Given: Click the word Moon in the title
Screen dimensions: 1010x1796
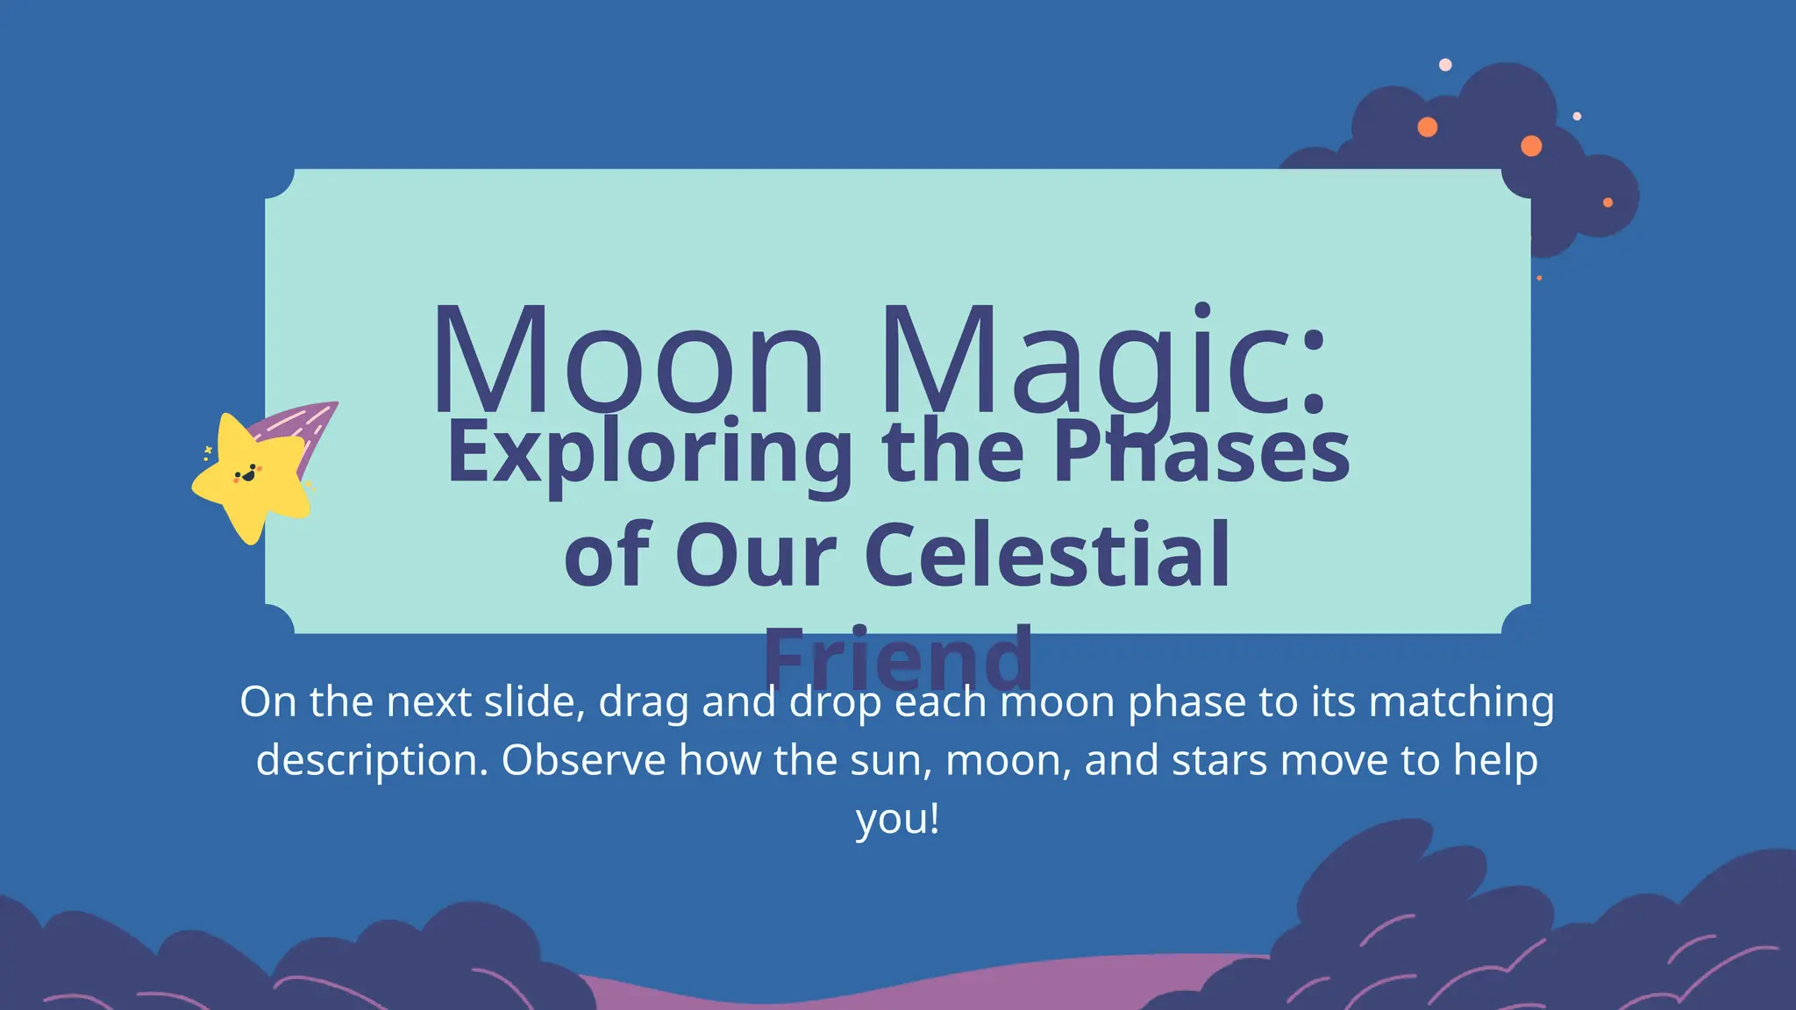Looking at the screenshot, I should point(628,361).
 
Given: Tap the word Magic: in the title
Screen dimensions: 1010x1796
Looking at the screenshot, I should point(1103,361).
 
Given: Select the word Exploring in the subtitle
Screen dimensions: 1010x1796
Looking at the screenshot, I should point(650,454).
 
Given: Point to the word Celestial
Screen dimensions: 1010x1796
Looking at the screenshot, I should point(1048,556).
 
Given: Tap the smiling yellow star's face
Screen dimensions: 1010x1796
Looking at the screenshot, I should point(248,474).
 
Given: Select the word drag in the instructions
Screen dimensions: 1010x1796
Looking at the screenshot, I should point(643,703).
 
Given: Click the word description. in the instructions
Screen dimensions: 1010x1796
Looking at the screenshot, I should point(372,761).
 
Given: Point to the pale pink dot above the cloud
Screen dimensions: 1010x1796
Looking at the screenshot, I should point(1445,65).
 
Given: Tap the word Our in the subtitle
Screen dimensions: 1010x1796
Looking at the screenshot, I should point(756,556).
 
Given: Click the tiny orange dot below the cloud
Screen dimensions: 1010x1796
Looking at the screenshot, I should point(1539,278).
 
